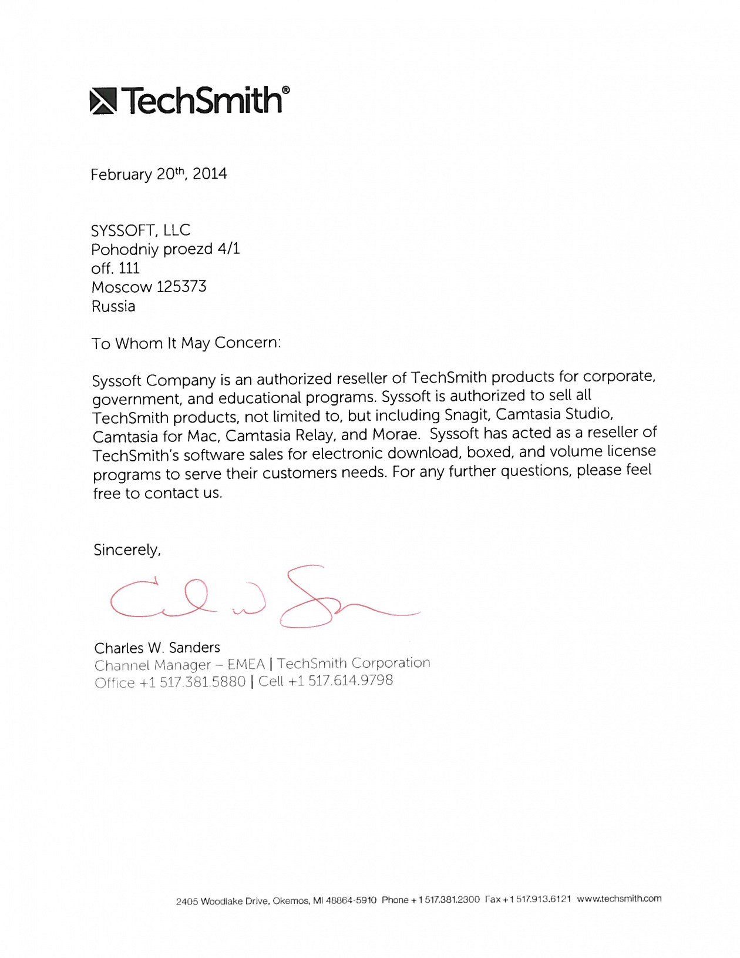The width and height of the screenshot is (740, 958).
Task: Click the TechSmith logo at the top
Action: point(189,100)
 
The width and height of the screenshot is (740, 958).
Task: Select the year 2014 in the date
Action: point(210,174)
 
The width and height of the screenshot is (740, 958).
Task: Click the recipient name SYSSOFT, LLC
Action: point(140,230)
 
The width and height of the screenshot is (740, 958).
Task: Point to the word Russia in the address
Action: point(113,306)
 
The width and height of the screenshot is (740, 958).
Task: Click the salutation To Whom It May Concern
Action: point(186,343)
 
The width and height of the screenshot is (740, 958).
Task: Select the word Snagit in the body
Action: point(467,415)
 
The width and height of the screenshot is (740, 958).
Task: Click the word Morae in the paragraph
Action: point(396,435)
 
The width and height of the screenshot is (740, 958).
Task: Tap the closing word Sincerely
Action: point(127,550)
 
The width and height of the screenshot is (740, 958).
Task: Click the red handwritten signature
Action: point(264,598)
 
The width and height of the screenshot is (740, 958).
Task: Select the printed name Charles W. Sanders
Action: point(157,648)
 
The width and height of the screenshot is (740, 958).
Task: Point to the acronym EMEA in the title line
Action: point(246,665)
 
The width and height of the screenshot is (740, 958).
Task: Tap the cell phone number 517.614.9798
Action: point(351,681)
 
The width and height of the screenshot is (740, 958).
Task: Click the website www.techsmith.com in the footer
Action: point(619,899)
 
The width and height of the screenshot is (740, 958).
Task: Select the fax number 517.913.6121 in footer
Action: point(543,899)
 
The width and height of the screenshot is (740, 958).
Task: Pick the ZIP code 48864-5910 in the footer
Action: point(351,900)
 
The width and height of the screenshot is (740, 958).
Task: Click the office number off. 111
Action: point(115,269)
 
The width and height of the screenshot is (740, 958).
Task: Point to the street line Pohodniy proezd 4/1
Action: point(166,249)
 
